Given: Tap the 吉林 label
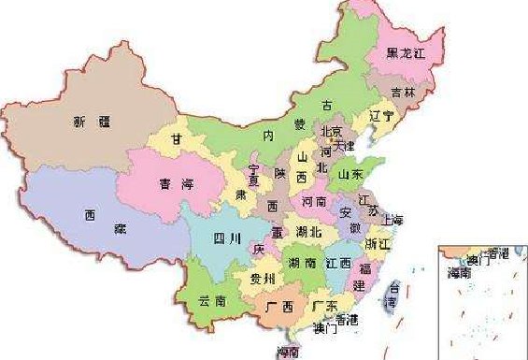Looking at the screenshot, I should tap(403, 92).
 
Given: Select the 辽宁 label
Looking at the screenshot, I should tap(382, 117).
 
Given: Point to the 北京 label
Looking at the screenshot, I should tap(332, 132).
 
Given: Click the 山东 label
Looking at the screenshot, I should tap(350, 173).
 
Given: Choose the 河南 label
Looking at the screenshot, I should tap(314, 201).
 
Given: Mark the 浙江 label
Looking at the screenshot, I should tap(378, 244).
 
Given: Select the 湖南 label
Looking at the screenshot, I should tap(301, 263).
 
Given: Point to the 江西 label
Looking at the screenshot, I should tap(338, 263).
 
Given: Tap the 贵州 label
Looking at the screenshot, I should tap(263, 279).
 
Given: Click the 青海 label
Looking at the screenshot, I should tap(169, 184).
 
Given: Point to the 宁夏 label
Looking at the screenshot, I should tap(253, 176).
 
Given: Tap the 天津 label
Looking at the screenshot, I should tap(346, 148).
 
